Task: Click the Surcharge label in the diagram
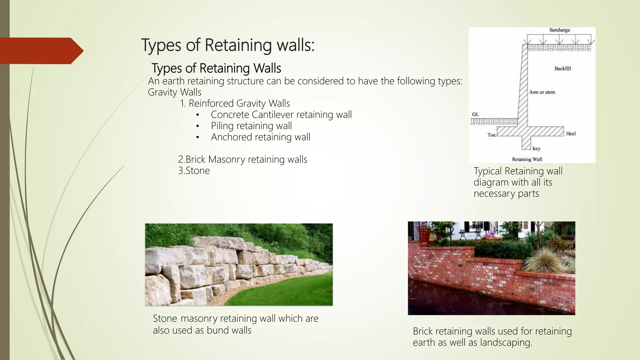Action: [x=559, y=30]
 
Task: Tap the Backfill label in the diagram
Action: [x=562, y=68]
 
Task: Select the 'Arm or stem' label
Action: [x=542, y=92]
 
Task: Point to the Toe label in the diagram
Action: [x=491, y=135]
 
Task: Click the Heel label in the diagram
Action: [x=571, y=134]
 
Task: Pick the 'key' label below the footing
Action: [x=536, y=148]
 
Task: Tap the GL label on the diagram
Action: [x=475, y=114]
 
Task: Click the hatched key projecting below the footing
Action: [x=526, y=143]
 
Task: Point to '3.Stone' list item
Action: [x=194, y=171]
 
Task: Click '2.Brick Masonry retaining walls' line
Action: [x=242, y=159]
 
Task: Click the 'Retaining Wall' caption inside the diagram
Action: [x=527, y=159]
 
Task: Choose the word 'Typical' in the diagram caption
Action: [x=487, y=171]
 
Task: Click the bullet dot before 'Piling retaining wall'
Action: [x=197, y=126]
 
